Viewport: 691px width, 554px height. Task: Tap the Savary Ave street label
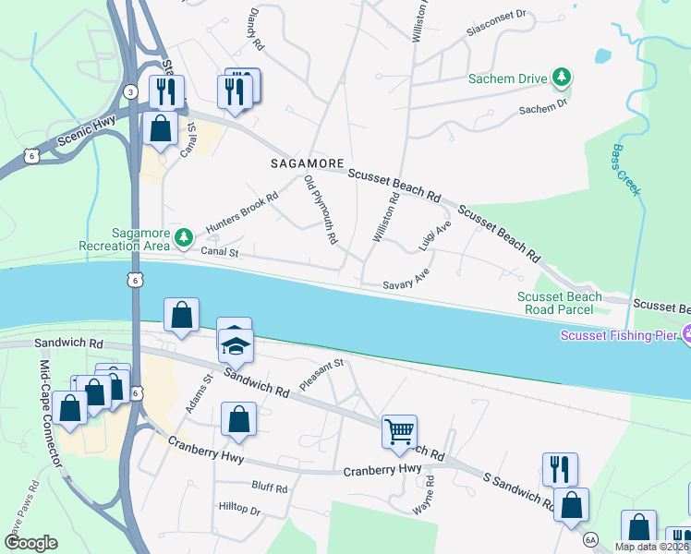pyautogui.click(x=407, y=281)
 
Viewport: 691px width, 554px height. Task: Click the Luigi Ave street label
pyautogui.click(x=434, y=236)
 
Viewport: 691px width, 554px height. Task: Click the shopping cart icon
pyautogui.click(x=399, y=431)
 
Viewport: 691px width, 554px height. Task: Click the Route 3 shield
pyautogui.click(x=131, y=90)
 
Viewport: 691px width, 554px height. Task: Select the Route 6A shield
pyautogui.click(x=590, y=538)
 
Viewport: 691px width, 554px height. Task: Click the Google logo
pyautogui.click(x=30, y=543)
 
